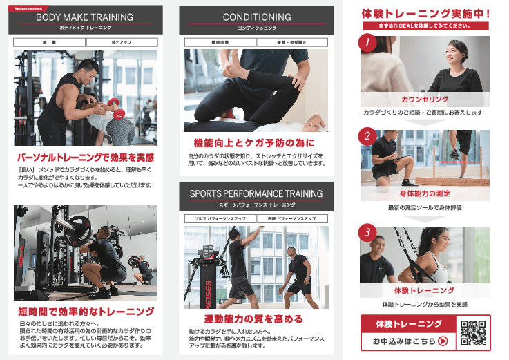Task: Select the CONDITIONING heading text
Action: click(256, 17)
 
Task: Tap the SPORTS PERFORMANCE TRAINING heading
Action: click(256, 193)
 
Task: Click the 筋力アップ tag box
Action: click(121, 42)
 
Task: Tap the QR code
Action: click(473, 332)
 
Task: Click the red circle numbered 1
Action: click(368, 44)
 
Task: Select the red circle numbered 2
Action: click(368, 135)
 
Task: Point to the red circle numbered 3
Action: click(368, 231)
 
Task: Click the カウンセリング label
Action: click(425, 100)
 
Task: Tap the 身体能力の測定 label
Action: click(425, 193)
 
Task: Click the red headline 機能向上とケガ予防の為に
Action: click(256, 143)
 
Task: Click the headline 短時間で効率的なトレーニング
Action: click(86, 312)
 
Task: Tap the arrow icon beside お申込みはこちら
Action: click(443, 341)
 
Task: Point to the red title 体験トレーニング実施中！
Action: click(425, 12)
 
